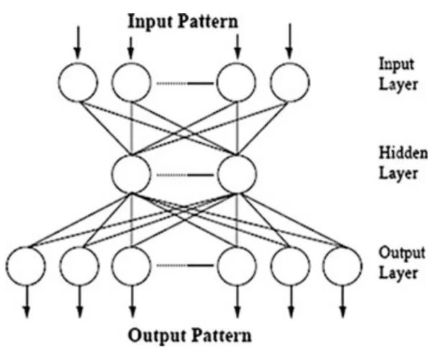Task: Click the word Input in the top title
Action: click(148, 22)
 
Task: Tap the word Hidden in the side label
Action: click(403, 152)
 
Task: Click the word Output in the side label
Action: click(402, 253)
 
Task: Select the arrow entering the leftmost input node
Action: click(78, 42)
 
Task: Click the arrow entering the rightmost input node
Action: click(290, 41)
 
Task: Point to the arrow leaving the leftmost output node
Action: click(27, 302)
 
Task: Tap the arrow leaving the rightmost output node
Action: click(343, 302)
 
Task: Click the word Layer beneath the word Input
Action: click(398, 84)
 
